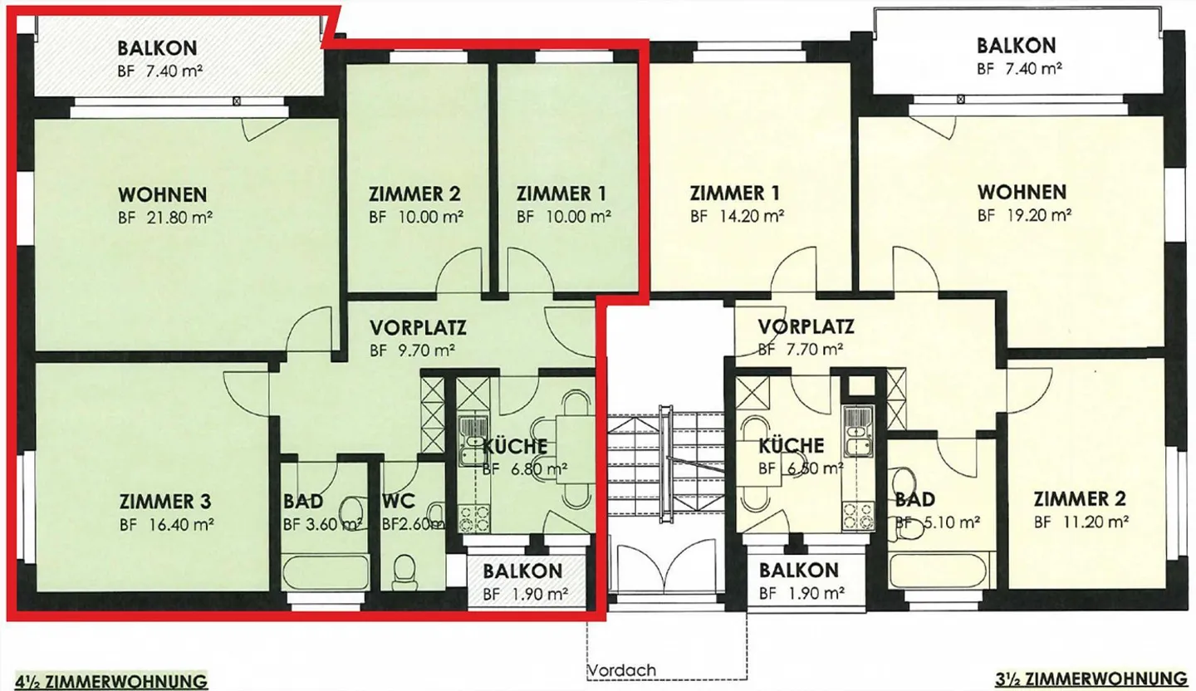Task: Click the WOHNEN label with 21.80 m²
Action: (163, 195)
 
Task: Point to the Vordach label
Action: (621, 670)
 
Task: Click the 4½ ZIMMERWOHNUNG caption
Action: (105, 681)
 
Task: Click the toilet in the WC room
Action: (404, 571)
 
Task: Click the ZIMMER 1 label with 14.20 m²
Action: (735, 194)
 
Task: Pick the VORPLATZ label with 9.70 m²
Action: (418, 326)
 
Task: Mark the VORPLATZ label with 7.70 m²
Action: (806, 326)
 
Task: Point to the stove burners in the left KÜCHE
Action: (475, 516)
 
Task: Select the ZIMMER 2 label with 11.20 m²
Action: (1080, 499)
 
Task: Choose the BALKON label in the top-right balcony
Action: (1016, 45)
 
